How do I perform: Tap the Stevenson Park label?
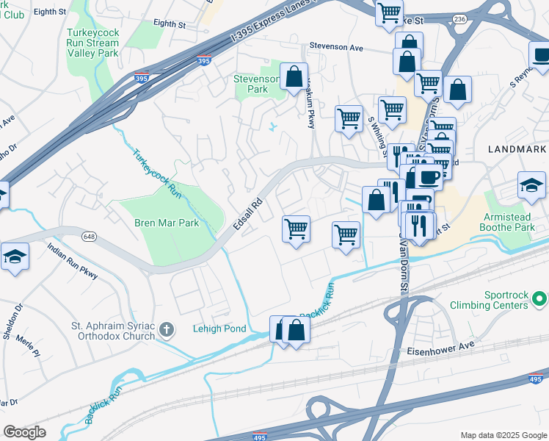pyautogui.click(x=256, y=84)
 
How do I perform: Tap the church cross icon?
pyautogui.click(x=167, y=329)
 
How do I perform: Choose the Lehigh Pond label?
pyautogui.click(x=219, y=329)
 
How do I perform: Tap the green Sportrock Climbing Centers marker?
pyautogui.click(x=539, y=299)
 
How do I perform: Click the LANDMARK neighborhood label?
pyautogui.click(x=517, y=149)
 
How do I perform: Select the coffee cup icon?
pyautogui.click(x=429, y=177)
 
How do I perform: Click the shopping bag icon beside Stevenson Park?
pyautogui.click(x=294, y=76)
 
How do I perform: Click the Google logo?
pyautogui.click(x=24, y=432)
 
